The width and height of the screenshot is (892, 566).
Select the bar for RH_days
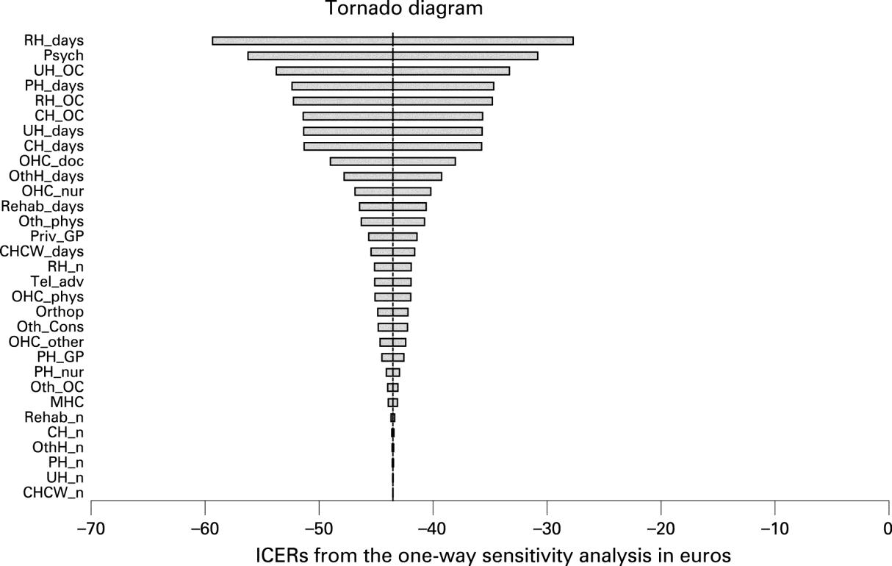(x=392, y=40)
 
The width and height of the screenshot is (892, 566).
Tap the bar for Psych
(x=392, y=56)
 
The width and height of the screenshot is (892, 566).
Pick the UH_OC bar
(x=392, y=71)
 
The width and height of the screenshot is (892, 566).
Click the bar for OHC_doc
(x=392, y=161)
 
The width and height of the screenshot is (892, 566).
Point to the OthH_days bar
(x=392, y=176)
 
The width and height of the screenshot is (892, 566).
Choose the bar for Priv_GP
(x=392, y=237)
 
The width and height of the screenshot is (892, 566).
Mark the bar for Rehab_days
(x=392, y=207)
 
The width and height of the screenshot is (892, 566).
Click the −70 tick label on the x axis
(x=90, y=528)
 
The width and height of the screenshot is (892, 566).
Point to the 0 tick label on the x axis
(x=888, y=528)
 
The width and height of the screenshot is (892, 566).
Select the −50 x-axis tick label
(x=319, y=528)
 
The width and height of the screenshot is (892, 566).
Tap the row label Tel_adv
(x=57, y=282)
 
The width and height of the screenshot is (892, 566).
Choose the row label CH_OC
(x=59, y=115)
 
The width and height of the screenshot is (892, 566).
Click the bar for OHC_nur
(x=392, y=191)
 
